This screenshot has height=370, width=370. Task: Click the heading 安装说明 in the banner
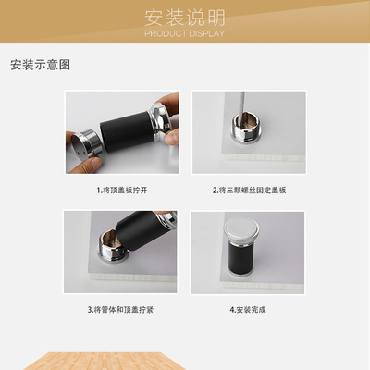[x=185, y=18]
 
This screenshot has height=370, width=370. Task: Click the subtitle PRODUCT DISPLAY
[x=185, y=33]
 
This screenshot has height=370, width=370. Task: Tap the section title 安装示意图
[x=41, y=65]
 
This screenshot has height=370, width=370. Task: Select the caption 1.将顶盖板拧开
[x=122, y=191]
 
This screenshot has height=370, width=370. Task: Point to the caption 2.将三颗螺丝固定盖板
[x=249, y=191]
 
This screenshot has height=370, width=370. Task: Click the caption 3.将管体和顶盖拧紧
[x=120, y=310]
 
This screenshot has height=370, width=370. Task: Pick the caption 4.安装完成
[x=248, y=310]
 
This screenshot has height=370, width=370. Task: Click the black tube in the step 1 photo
[x=127, y=131]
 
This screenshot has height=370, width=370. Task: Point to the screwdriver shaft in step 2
[x=242, y=105]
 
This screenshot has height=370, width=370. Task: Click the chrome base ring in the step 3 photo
[x=113, y=250]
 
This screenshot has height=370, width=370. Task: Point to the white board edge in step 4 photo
[x=262, y=286]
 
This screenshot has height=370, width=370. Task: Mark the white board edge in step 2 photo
[x=264, y=157]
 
